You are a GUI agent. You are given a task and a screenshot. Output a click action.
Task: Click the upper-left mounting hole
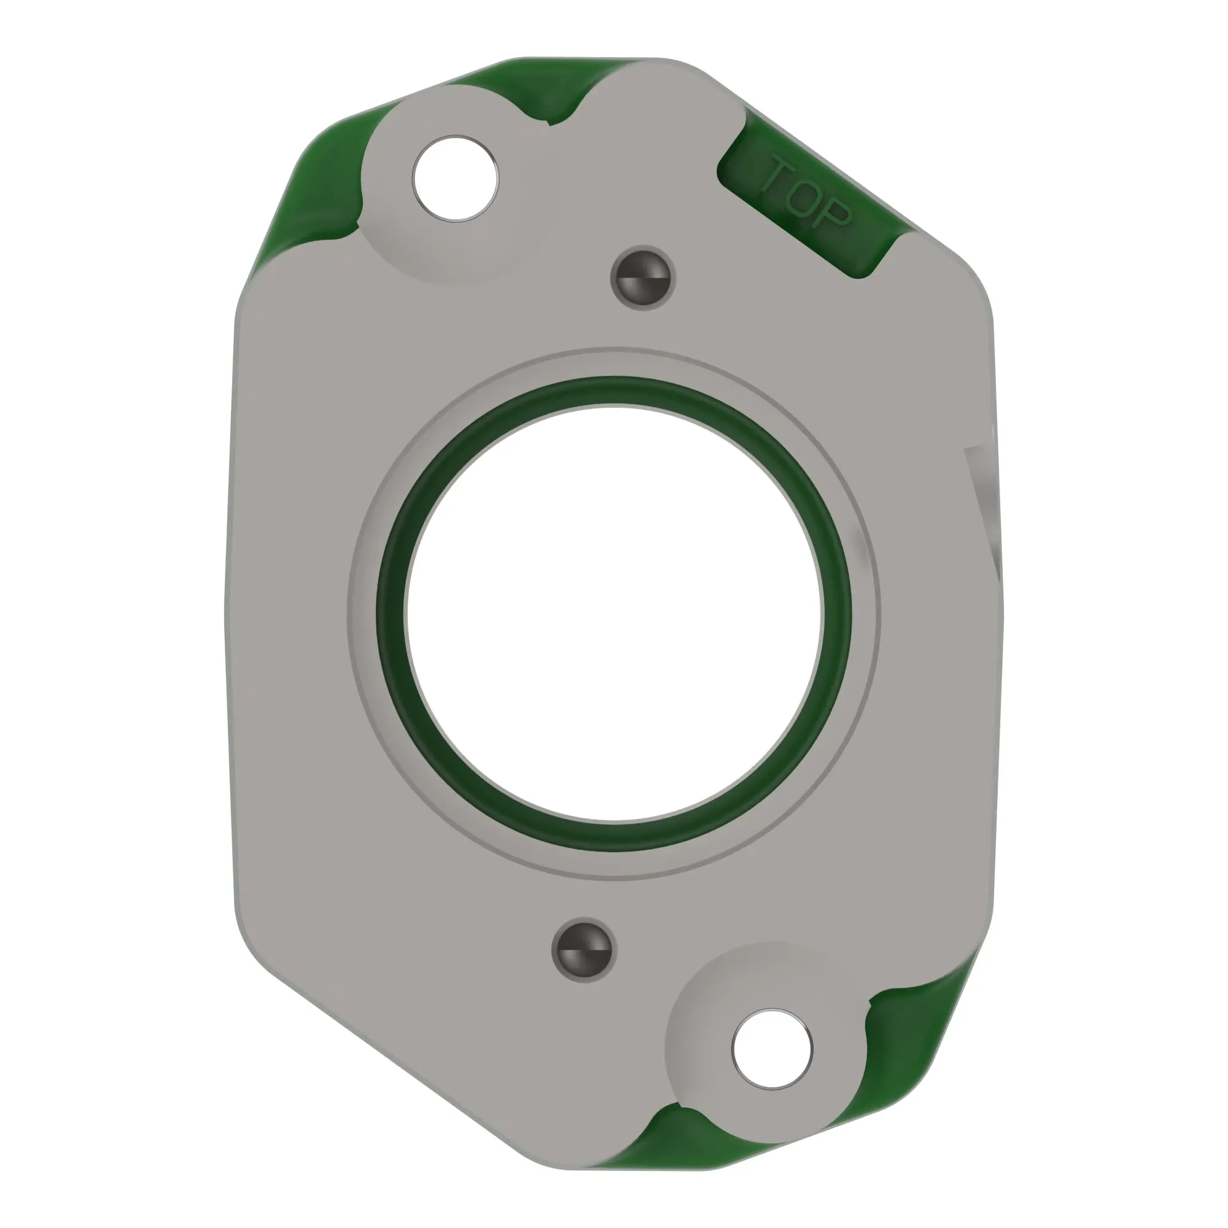455,179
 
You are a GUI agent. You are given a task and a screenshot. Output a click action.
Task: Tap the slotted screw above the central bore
643,278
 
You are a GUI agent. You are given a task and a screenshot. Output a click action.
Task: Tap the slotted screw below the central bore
584,950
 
